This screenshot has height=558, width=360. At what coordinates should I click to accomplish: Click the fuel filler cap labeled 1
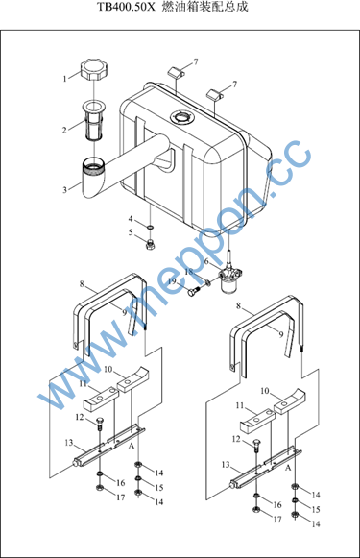tap(94, 70)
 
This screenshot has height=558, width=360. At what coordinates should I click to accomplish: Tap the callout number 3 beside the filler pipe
tap(64, 189)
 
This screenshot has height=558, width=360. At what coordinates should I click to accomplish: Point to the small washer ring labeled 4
tap(150, 227)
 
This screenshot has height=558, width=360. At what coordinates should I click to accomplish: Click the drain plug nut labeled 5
tap(151, 244)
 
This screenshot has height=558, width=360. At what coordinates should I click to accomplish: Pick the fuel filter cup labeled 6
tap(229, 280)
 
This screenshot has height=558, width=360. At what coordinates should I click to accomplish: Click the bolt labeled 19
tap(195, 292)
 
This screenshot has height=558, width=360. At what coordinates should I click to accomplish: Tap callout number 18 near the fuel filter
tap(188, 272)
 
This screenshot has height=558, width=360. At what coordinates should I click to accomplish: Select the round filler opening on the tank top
tap(181, 117)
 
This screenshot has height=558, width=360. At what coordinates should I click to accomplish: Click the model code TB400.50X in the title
tap(127, 7)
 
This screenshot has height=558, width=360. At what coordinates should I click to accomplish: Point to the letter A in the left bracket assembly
tap(132, 446)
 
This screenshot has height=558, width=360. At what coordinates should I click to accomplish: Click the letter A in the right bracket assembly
tap(288, 468)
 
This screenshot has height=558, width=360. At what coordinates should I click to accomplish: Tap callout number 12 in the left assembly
tap(80, 417)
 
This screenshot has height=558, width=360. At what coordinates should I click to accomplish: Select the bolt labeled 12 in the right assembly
tap(256, 446)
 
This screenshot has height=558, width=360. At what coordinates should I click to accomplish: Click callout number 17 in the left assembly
tap(121, 497)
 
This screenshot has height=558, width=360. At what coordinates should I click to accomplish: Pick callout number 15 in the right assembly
tap(316, 509)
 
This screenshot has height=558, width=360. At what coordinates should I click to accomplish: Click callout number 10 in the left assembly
tap(108, 370)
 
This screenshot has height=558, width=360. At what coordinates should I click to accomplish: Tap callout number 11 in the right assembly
tap(240, 405)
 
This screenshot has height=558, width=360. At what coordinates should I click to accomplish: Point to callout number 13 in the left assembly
tap(69, 443)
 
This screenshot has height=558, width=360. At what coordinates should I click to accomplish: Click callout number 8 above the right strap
tap(238, 305)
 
